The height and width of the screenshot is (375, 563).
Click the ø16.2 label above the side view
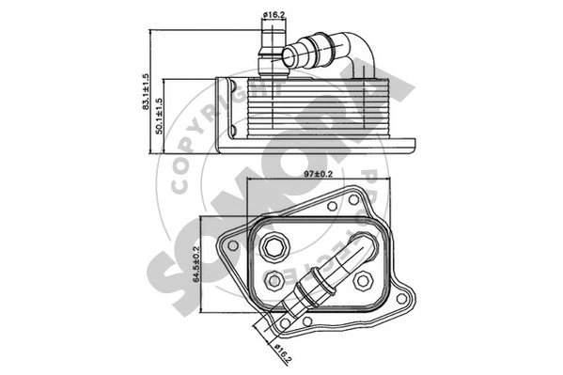(274, 14)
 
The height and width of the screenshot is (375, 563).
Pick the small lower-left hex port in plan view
(274, 279)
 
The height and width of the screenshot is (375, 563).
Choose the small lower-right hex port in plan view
(365, 279)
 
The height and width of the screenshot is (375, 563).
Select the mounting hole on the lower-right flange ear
(401, 300)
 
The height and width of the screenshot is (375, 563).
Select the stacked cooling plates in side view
(310, 108)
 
